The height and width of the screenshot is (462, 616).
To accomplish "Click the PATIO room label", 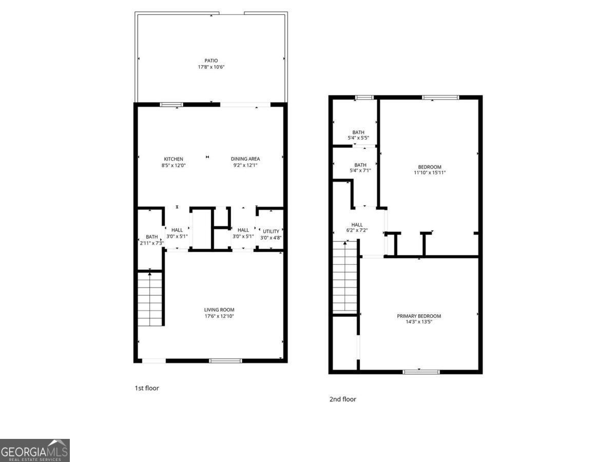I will (211, 61).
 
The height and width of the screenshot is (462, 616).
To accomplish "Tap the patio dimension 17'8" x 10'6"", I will (211, 67).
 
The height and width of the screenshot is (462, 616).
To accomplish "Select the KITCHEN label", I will (173, 159).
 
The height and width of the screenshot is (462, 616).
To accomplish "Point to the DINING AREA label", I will (245, 159).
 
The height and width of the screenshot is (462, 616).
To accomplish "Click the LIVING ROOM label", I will (219, 310).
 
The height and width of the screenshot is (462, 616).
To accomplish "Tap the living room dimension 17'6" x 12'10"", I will (219, 316).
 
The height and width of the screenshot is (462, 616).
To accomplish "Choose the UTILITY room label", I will (271, 232).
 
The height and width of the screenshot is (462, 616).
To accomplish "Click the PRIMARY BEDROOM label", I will (419, 316).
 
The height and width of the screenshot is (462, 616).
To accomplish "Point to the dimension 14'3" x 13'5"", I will (419, 322).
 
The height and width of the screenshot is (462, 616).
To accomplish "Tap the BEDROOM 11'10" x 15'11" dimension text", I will (430, 173).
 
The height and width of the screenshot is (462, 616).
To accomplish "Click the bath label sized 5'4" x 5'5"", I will (358, 132).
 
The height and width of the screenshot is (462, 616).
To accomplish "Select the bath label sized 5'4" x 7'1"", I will (360, 165).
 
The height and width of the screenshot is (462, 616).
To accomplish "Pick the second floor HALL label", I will (357, 225).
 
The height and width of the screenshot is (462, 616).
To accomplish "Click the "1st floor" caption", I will (147, 388).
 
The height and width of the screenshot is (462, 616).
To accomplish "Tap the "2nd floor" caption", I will (342, 399).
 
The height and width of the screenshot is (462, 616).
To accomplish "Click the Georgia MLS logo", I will (34, 450).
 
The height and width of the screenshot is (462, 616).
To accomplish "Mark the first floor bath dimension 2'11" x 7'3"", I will (151, 243).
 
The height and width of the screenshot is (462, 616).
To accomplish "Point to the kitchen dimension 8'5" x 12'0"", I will (173, 165).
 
